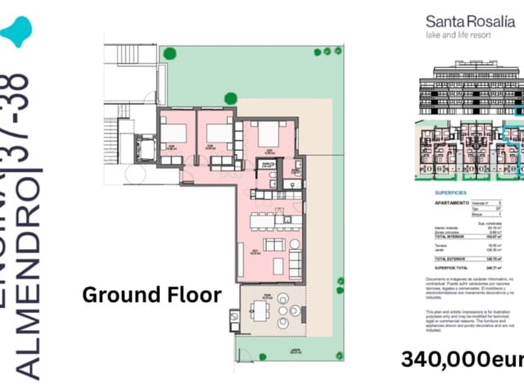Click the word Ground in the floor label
pos(121,295)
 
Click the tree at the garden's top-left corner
pos(169,53)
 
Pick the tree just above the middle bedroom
pos(231,99)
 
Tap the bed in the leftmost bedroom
pos(174,133)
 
